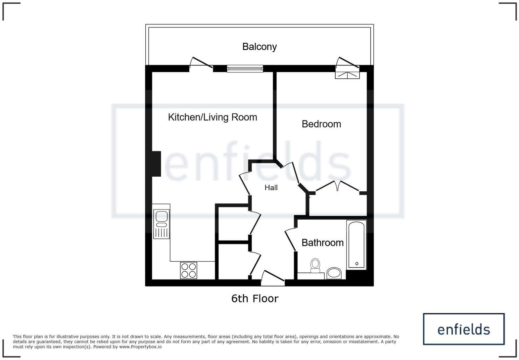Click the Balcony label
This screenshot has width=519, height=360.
[259, 47]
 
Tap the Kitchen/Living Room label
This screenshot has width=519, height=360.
[212, 117]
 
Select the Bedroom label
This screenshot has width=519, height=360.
[321, 124]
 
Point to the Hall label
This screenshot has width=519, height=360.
[271, 188]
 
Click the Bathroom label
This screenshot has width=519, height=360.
[322, 243]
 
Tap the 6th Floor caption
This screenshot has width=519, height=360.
[255, 298]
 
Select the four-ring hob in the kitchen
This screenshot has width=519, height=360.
[189, 270]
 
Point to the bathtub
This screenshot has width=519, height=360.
[356, 245]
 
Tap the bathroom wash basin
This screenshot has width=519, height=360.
[334, 273]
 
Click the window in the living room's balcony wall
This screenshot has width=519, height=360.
[245, 68]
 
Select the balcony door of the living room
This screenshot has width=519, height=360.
[201, 64]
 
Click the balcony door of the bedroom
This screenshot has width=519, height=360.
[348, 64]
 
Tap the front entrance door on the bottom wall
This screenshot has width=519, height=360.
[273, 278]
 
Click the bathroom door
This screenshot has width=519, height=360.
[290, 239]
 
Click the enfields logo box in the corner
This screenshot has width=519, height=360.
[463, 329]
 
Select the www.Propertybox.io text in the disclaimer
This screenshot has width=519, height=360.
[140, 347]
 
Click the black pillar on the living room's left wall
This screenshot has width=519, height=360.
[156, 163]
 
